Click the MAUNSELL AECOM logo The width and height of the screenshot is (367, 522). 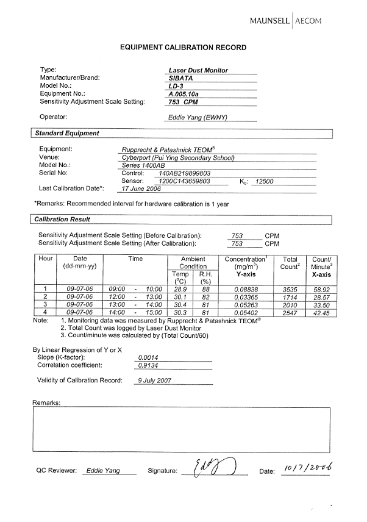coord(285,21)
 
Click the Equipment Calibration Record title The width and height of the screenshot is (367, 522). coord(183,47)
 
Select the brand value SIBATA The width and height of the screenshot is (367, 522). coord(180,78)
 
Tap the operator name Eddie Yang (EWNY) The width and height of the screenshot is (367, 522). coord(197,117)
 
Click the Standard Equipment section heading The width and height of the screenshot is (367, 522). coord(67,133)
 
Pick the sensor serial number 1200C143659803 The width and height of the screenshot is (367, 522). coord(184,181)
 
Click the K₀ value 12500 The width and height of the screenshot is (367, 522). coord(265,181)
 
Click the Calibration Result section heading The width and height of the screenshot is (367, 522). coord(62,220)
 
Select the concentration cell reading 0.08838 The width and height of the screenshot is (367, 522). coord(246,289)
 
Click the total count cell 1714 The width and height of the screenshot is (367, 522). coord(290,296)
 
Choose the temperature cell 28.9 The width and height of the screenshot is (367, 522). coord(180,289)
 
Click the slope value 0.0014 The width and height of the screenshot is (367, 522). coord(148,357)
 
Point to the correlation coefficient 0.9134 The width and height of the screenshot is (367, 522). coord(148,365)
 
